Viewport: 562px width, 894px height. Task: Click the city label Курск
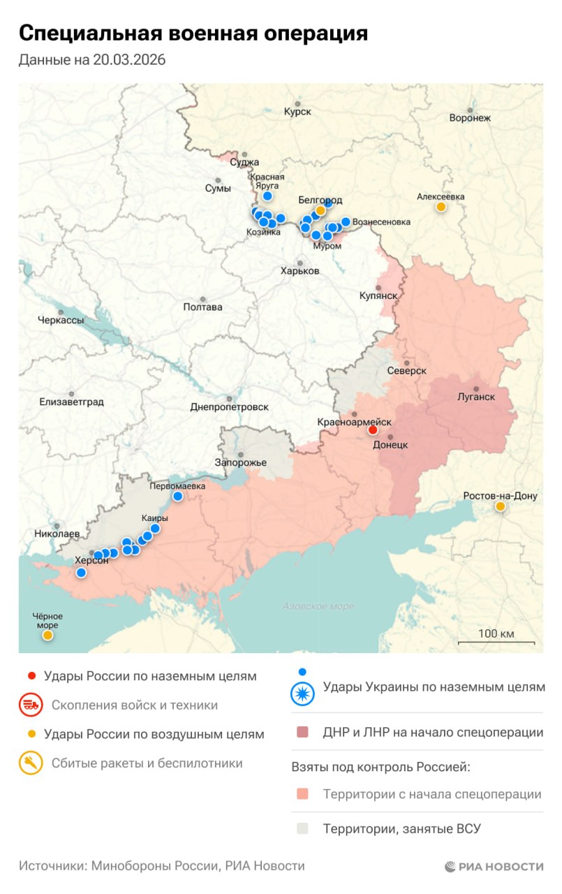[x=297, y=112]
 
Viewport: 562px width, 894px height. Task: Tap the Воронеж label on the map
[x=470, y=118]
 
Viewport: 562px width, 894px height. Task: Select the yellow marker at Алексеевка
[x=441, y=207]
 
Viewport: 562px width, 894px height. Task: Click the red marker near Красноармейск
[x=373, y=430]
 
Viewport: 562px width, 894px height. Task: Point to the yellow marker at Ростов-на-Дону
[x=500, y=507]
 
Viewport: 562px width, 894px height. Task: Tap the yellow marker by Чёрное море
[x=47, y=635]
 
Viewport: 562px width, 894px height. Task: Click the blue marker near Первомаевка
[x=178, y=496]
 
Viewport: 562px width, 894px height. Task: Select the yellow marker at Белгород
[x=320, y=210]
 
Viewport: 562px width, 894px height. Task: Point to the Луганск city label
[x=475, y=397]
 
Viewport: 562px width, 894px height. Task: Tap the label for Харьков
[x=300, y=270]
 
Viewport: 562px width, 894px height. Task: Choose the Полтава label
[x=202, y=307]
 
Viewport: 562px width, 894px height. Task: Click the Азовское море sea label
[x=318, y=606]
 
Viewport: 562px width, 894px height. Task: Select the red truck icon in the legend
[x=30, y=705]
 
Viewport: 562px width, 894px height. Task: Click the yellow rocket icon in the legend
[x=30, y=763]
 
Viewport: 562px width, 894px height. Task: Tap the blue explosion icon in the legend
[x=302, y=694]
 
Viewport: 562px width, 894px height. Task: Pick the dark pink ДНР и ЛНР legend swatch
[x=302, y=733]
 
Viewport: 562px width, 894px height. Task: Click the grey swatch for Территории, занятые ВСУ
[x=302, y=829]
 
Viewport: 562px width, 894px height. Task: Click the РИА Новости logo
[x=494, y=866]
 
